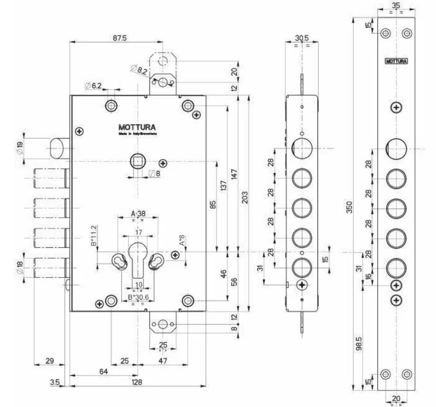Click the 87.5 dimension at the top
click(119, 38)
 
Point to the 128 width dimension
click(137, 382)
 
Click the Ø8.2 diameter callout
click(140, 69)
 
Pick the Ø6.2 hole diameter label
click(94, 85)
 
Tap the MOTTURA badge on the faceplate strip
click(396, 61)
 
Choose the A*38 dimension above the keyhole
click(138, 214)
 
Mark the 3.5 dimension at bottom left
click(55, 382)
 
